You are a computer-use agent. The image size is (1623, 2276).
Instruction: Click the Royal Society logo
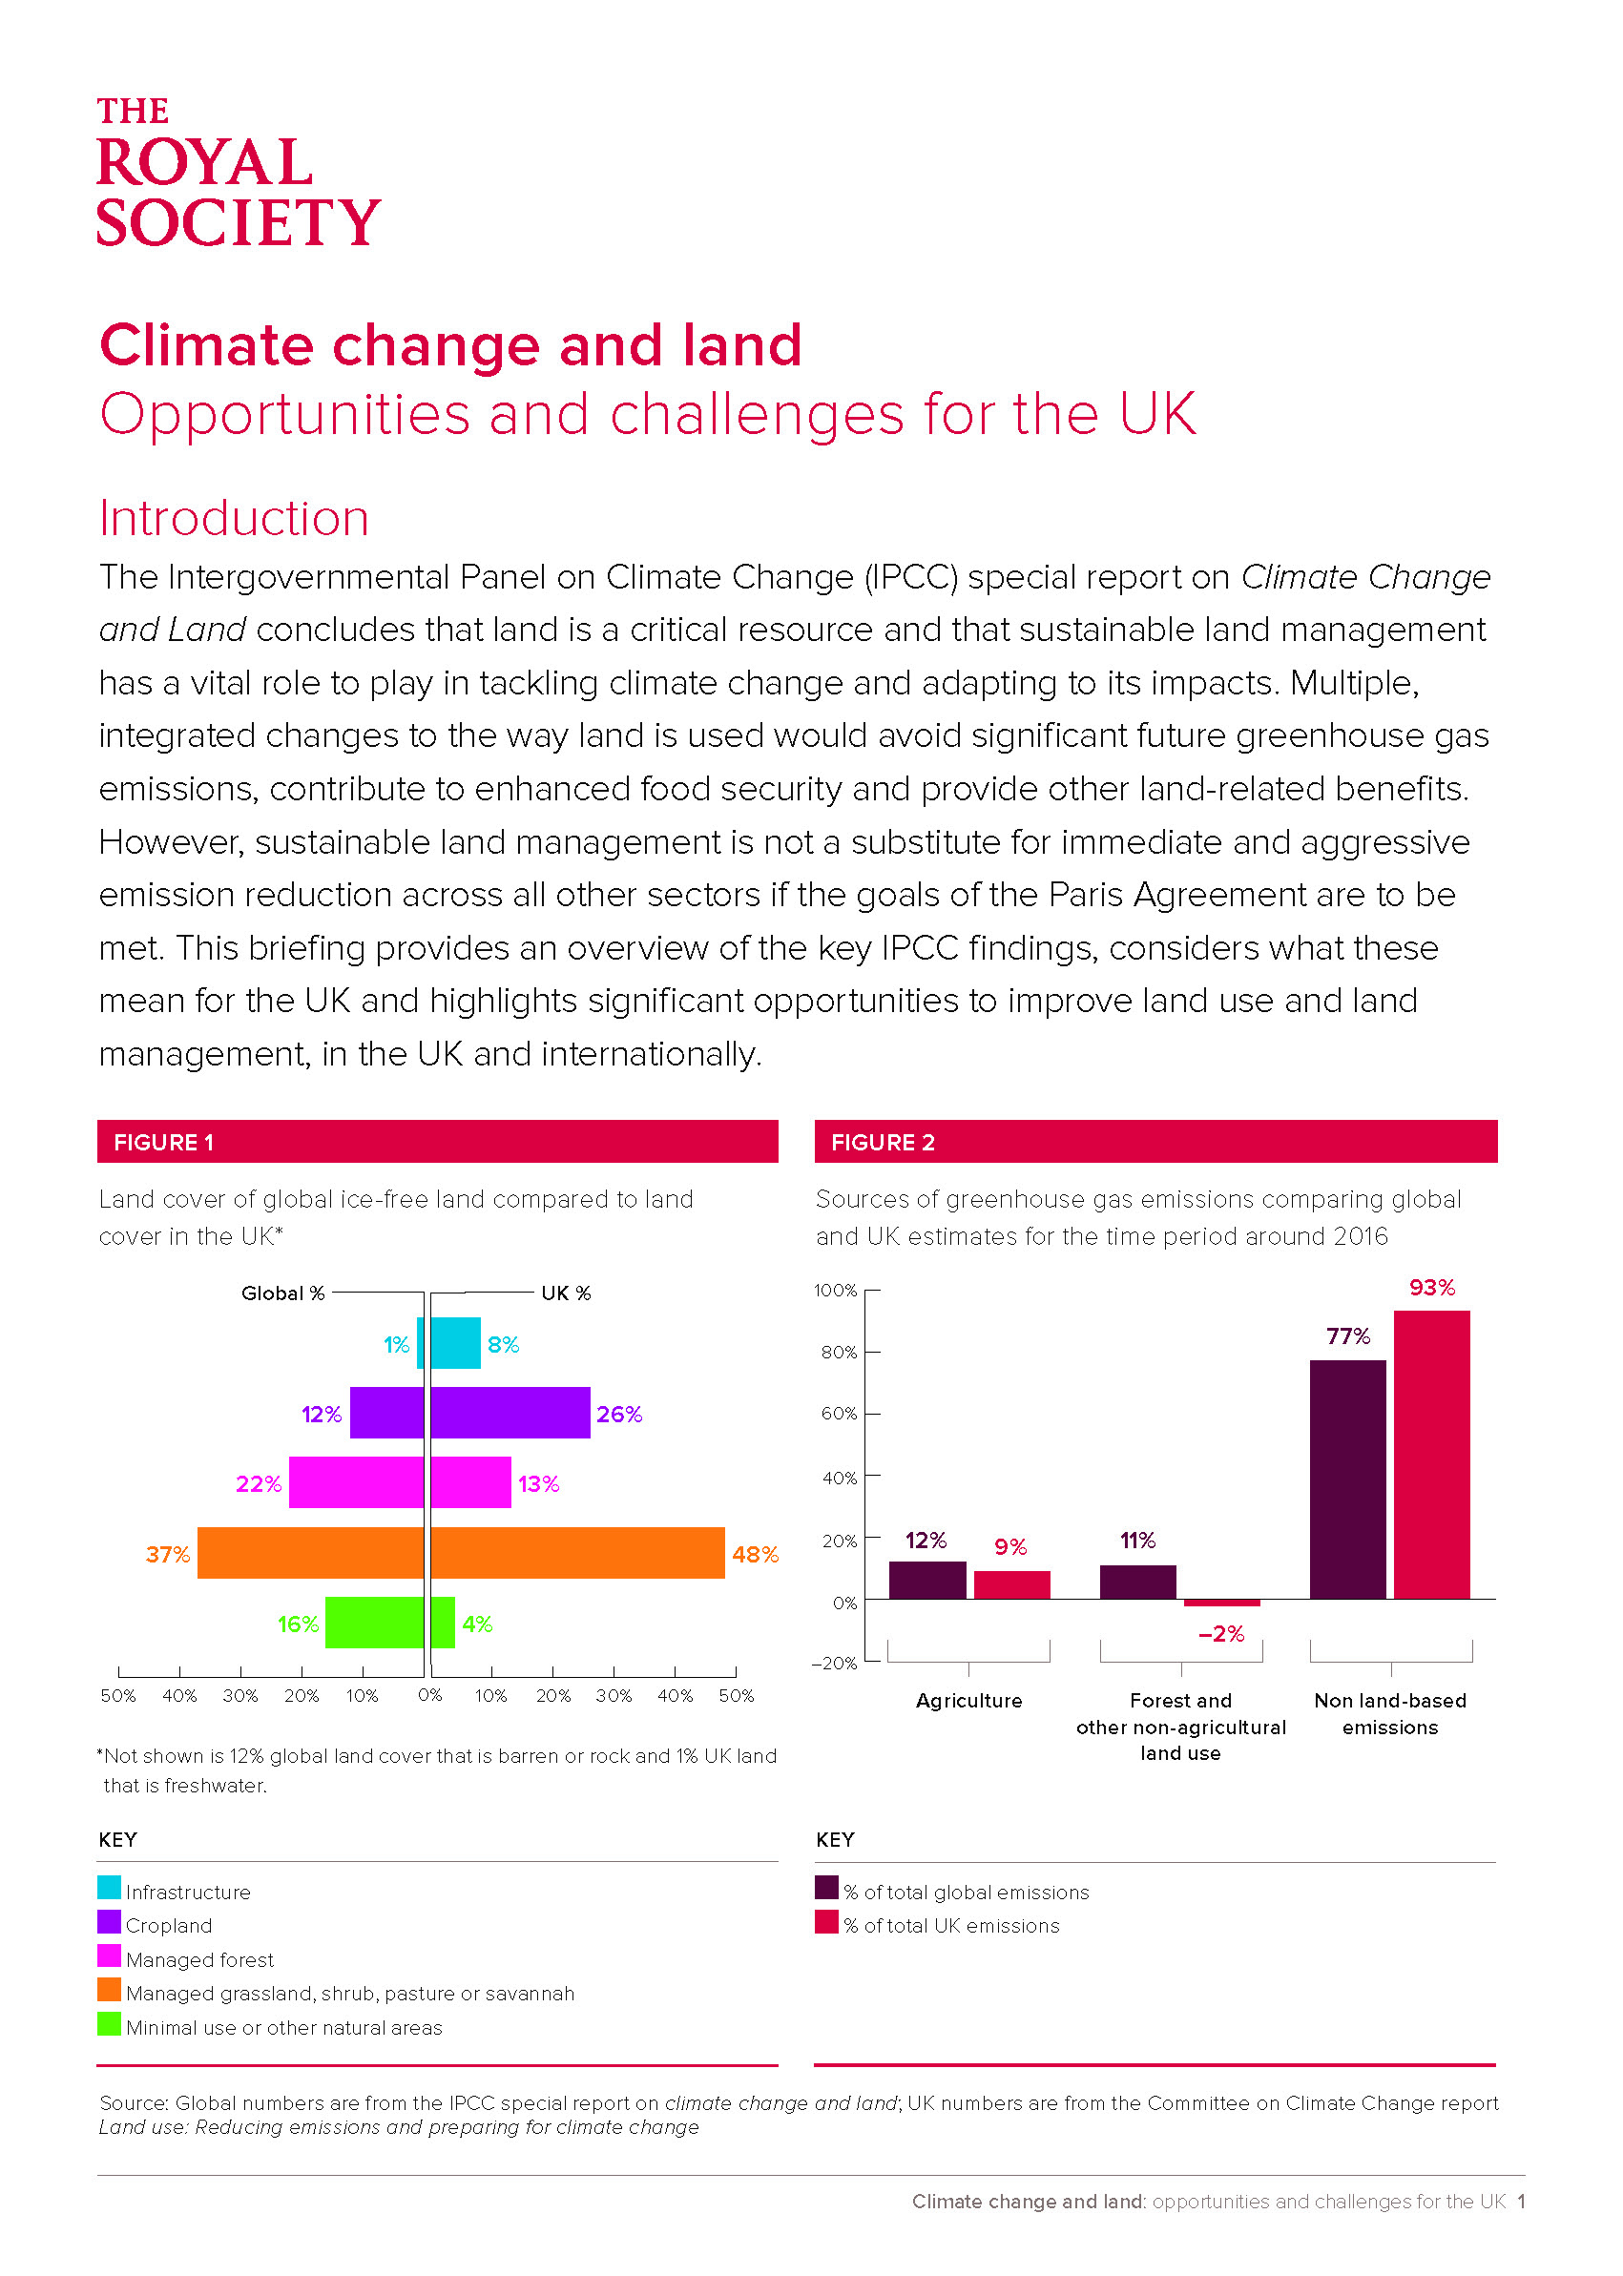238,171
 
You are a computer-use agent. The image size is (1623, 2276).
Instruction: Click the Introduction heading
234,518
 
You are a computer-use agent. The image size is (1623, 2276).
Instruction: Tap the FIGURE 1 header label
164,1142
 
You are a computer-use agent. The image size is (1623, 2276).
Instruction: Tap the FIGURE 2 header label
883,1142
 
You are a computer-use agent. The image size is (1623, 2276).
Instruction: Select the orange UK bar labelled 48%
577,1553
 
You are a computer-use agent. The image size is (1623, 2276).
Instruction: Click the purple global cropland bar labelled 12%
386,1413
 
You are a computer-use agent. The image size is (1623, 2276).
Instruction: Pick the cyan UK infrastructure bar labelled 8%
456,1343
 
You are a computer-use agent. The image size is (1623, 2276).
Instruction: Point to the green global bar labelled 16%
375,1623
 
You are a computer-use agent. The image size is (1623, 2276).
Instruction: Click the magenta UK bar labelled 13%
470,1482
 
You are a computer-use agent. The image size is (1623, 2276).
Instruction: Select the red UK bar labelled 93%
1432,1455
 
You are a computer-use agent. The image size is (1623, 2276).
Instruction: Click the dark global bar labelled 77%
1348,1479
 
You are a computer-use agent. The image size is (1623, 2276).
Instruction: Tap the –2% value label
1221,1634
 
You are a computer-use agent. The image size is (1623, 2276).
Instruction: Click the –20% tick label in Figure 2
835,1664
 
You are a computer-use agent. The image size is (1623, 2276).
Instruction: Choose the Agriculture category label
969,1701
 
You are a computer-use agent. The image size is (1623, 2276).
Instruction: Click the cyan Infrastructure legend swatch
109,1888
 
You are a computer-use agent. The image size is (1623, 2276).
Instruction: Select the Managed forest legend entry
186,1958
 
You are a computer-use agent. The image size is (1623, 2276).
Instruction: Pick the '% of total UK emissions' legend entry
937,1924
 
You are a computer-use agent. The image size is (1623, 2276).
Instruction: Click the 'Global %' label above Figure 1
282,1293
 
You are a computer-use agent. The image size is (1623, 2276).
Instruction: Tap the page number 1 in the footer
1521,2201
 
